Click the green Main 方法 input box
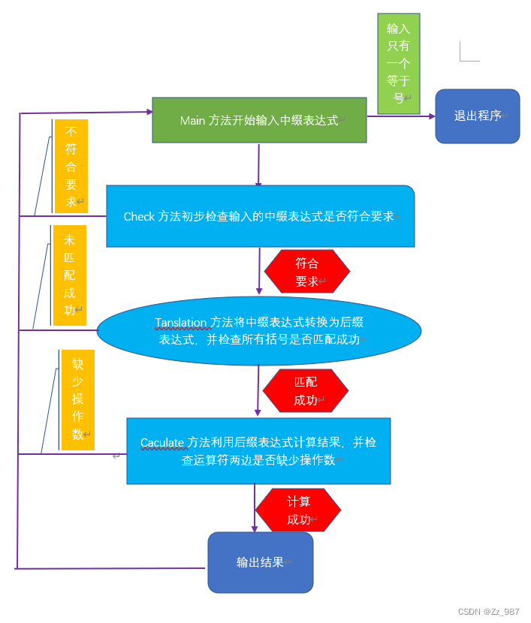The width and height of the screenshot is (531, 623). point(259,120)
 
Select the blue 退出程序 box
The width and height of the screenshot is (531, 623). point(478,116)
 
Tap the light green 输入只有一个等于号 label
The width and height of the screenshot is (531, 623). point(398,64)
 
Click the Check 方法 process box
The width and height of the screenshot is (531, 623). point(260,216)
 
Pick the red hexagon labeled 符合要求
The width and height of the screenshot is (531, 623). point(306,272)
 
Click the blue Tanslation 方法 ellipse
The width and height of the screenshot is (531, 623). point(259,330)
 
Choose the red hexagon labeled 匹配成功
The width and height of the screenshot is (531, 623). point(306,391)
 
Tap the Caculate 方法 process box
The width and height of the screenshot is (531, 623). point(258,451)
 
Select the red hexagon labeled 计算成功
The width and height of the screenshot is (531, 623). point(298,510)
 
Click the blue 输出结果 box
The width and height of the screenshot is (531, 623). point(260,562)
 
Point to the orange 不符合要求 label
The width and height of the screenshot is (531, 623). point(71,166)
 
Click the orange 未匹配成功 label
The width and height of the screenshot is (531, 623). point(70,275)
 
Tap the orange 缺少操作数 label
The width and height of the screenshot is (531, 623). point(77,400)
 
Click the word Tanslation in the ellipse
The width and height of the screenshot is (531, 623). point(180,323)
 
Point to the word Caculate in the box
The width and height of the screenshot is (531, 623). point(162,443)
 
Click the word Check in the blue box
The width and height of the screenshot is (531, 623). point(139,216)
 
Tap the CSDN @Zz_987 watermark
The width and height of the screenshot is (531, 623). point(488,612)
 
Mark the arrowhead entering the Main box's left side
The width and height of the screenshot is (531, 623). point(149,113)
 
